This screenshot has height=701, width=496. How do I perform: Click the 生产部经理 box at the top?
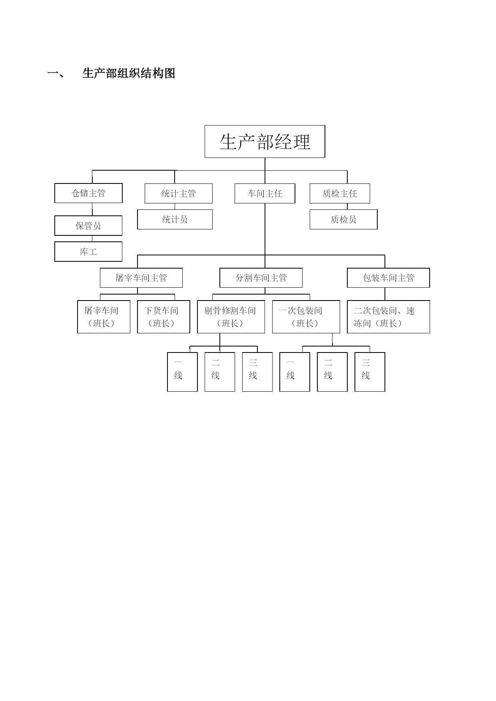pos(265,141)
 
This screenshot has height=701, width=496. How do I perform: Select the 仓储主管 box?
pos(88,193)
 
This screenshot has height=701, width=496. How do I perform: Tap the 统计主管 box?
pos(178,193)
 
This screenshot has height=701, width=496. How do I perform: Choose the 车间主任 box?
pos(265,193)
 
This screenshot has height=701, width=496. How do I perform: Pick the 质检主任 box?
pos(340,193)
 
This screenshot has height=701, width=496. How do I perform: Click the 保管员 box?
pos(88,226)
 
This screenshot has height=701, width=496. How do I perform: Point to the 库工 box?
pos(88,252)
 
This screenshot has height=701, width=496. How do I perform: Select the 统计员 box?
pos(175,219)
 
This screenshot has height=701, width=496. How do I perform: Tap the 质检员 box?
pos(343,219)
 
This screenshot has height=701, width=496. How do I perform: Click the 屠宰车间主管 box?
pos(141,278)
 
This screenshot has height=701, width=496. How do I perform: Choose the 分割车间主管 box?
pos(261,278)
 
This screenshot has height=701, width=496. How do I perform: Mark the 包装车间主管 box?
pos(388,278)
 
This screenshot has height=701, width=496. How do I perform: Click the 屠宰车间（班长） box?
pos(104,317)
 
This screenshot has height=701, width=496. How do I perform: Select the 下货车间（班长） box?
pos(163,317)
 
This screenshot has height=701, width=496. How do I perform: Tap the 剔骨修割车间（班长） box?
pos(231,317)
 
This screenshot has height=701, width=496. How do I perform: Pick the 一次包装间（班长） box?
pos(306,317)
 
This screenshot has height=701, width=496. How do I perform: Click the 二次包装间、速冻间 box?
pos(388,317)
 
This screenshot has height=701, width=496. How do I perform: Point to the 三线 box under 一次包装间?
pos(370,372)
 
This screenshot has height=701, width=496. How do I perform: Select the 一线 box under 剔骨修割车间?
pos(182,372)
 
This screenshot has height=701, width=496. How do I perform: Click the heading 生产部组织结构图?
pos(129,74)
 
